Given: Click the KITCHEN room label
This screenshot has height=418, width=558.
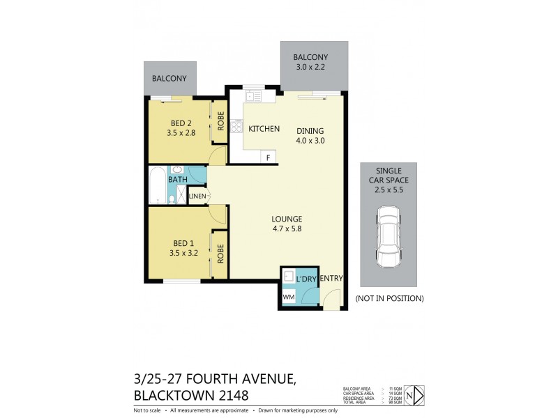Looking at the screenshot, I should [264, 129].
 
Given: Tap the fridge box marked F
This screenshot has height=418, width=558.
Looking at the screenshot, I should [268, 157].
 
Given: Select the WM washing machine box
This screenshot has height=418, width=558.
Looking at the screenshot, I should [289, 297].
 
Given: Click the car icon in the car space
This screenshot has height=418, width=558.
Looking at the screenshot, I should [389, 237].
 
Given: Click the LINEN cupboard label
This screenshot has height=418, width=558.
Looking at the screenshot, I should [198, 196].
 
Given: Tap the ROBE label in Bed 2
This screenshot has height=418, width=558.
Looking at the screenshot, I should [220, 121].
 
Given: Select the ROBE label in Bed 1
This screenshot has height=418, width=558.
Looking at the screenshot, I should [220, 254].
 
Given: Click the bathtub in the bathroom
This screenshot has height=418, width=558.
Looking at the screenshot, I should [157, 186].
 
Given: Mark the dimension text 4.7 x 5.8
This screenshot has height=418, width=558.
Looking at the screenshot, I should [286, 228].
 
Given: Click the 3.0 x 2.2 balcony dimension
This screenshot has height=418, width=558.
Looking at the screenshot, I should [310, 68].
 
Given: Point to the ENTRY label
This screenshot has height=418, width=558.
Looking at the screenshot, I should [332, 279].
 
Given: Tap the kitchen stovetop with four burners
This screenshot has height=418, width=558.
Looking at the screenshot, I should [236, 126].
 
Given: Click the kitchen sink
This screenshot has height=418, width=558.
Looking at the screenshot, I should [251, 95].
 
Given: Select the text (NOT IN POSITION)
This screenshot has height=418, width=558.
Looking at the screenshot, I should [389, 298].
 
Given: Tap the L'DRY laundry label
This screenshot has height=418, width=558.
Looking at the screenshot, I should [307, 279].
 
